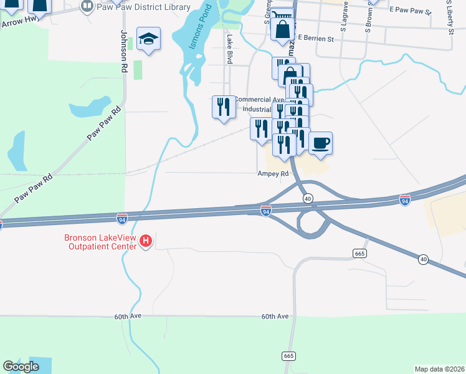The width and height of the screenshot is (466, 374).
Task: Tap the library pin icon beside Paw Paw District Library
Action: tap(87, 7)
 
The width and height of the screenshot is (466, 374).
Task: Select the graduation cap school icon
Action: tap(149, 39)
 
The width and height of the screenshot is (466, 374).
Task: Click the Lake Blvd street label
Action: tap(229, 49)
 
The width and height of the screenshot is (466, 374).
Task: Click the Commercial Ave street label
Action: tap(259, 100)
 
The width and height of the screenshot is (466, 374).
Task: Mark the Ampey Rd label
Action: tap(273, 175)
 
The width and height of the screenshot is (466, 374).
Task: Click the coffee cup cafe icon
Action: tap(320, 143)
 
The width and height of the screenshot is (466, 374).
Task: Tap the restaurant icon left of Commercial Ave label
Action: tap(224, 106)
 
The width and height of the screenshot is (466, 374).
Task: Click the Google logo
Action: tap(21, 367)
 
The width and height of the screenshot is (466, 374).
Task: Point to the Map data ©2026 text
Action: tap(439, 368)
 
